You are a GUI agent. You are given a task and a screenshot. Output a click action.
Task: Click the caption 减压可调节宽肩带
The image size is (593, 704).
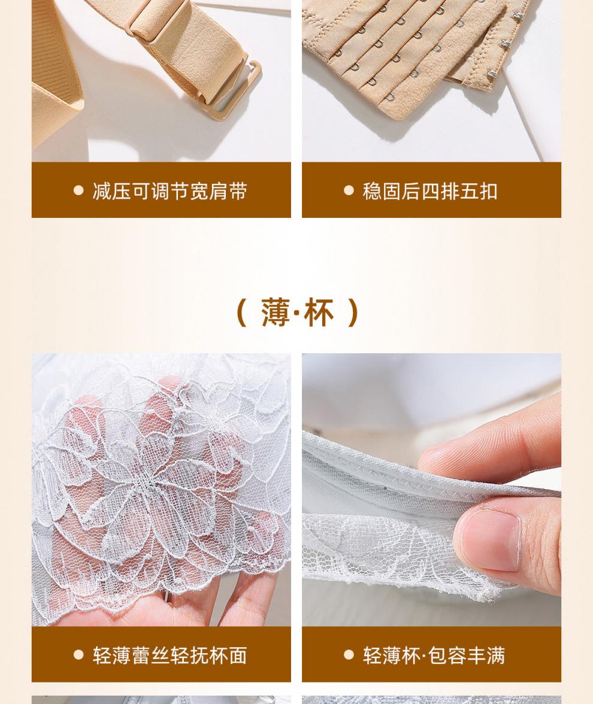click(x=170, y=191)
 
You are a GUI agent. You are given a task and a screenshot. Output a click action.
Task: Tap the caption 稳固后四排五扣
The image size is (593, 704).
click(x=430, y=191)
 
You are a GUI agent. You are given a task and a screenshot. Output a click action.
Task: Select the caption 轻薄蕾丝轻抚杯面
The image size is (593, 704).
click(x=170, y=655)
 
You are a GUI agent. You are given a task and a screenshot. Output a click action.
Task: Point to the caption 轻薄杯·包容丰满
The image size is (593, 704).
click(x=434, y=655)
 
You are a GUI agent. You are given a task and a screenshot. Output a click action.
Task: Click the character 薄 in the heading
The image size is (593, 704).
click(x=276, y=312)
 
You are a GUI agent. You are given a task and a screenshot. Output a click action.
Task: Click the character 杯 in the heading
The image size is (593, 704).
click(x=319, y=312)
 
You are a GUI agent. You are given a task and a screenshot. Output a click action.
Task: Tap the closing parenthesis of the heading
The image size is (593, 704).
click(x=353, y=312)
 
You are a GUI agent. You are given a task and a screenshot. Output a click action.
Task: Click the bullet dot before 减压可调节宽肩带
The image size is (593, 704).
click(x=78, y=190)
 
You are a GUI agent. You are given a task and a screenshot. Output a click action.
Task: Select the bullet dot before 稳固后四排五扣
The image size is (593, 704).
click(x=349, y=190)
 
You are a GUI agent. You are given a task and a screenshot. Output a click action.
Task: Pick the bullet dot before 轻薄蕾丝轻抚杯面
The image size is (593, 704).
click(x=78, y=655)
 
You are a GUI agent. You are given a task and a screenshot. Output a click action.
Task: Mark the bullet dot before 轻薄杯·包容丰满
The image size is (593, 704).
click(x=349, y=655)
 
